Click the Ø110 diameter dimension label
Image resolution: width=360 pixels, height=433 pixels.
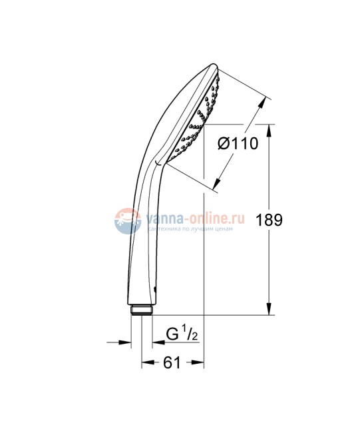point(238,143)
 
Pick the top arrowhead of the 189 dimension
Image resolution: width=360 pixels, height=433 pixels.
point(270,129)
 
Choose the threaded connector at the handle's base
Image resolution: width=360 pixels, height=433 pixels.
point(141,310)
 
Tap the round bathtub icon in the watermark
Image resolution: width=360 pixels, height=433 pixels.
point(126,220)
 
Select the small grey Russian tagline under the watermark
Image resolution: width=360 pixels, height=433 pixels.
point(192,228)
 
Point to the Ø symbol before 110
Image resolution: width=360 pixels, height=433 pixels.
point(224,143)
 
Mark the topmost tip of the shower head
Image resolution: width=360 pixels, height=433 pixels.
point(214,65)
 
